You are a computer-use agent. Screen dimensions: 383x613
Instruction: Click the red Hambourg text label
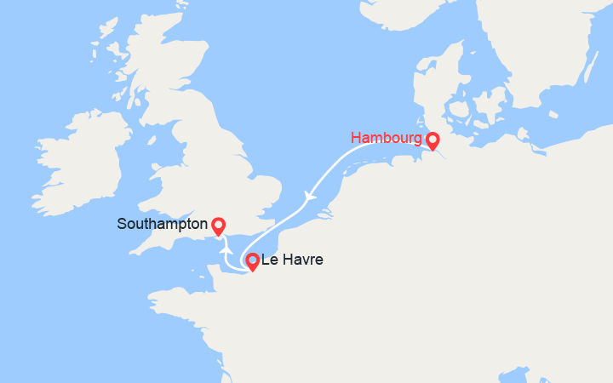(x=387, y=137)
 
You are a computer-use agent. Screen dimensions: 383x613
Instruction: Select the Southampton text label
(x=163, y=225)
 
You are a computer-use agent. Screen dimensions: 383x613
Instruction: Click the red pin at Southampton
(x=218, y=226)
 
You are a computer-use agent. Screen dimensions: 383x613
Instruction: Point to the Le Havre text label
(x=292, y=260)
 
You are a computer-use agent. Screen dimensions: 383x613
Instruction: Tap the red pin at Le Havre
(x=252, y=262)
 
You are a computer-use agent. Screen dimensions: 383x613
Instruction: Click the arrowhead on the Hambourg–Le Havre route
(x=311, y=197)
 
